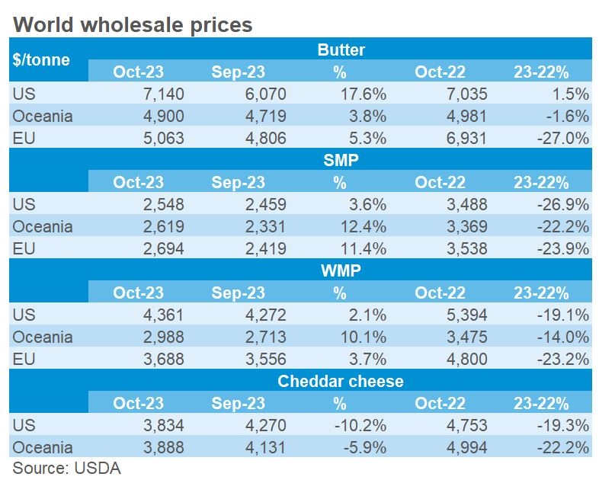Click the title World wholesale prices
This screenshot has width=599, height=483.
click(x=133, y=24)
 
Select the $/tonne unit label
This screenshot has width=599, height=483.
click(x=41, y=60)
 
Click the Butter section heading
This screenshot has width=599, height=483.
click(x=341, y=50)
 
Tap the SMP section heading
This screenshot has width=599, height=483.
click(x=341, y=162)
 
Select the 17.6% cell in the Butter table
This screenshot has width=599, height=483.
click(x=364, y=94)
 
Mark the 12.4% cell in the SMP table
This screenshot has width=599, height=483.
click(x=364, y=227)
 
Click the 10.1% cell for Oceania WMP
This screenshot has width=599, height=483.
click(x=364, y=337)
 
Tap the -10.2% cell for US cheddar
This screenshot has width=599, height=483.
click(x=362, y=426)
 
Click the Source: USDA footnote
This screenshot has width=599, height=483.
click(x=67, y=467)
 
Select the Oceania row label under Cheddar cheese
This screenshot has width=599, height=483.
click(x=43, y=448)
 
